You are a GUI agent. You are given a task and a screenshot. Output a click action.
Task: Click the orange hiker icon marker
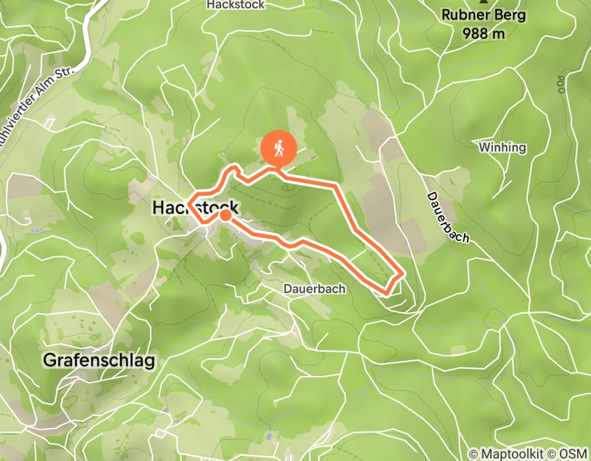(278, 148)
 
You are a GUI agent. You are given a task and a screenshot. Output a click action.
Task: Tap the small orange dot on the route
(225, 215)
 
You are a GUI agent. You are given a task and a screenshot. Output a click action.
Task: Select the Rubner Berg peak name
(484, 14)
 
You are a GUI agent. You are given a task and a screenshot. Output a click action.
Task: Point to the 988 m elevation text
(484, 33)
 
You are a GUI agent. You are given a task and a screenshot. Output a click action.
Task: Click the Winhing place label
(503, 147)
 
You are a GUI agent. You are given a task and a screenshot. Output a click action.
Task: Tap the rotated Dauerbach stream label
(448, 217)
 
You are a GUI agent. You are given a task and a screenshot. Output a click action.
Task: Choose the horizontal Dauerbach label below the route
(315, 288)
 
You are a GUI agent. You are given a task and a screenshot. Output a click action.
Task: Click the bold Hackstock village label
(195, 207)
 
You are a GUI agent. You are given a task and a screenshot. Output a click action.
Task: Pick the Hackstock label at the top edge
(235, 5)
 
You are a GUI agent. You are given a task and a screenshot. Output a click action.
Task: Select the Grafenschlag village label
(99, 360)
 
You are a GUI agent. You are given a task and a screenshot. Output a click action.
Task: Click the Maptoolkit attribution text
(509, 453)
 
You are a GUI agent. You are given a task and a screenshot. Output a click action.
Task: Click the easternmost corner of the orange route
(402, 271)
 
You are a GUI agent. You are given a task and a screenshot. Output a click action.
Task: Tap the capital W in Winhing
(485, 147)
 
